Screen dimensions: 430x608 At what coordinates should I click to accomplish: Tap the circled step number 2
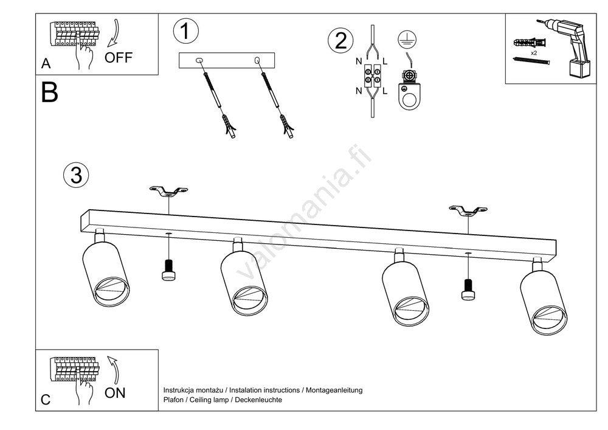tap(340, 41)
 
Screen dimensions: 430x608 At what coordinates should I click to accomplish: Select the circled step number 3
tap(76, 175)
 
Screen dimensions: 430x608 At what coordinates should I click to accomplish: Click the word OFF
tap(118, 58)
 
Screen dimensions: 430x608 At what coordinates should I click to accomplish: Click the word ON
tap(115, 393)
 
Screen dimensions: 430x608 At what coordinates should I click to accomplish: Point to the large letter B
tap(50, 92)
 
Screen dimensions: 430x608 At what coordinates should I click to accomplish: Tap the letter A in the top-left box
tap(46, 63)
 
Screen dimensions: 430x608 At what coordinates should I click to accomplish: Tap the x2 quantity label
tap(533, 54)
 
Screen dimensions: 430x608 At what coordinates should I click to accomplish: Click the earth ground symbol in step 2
tap(404, 38)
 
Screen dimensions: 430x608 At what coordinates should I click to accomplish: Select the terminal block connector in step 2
tap(372, 76)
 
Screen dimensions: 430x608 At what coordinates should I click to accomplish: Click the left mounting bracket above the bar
tap(168, 192)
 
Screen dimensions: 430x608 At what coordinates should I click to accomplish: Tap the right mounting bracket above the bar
tap(468, 211)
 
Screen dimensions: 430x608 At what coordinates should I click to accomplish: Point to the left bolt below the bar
tap(168, 270)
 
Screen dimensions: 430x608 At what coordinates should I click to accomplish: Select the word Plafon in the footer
tap(174, 400)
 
